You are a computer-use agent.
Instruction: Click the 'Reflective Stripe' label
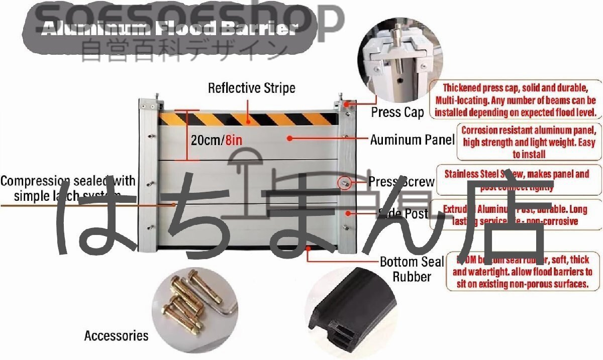252,89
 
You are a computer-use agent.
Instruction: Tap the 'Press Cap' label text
397,112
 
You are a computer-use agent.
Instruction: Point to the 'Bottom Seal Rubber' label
412,269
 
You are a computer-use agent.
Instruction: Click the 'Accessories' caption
116,335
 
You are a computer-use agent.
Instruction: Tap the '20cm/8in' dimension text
217,140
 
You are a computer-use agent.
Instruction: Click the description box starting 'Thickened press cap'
516,99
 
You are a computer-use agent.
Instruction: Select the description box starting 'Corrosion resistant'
529,142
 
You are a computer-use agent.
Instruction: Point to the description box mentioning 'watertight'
523,272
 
